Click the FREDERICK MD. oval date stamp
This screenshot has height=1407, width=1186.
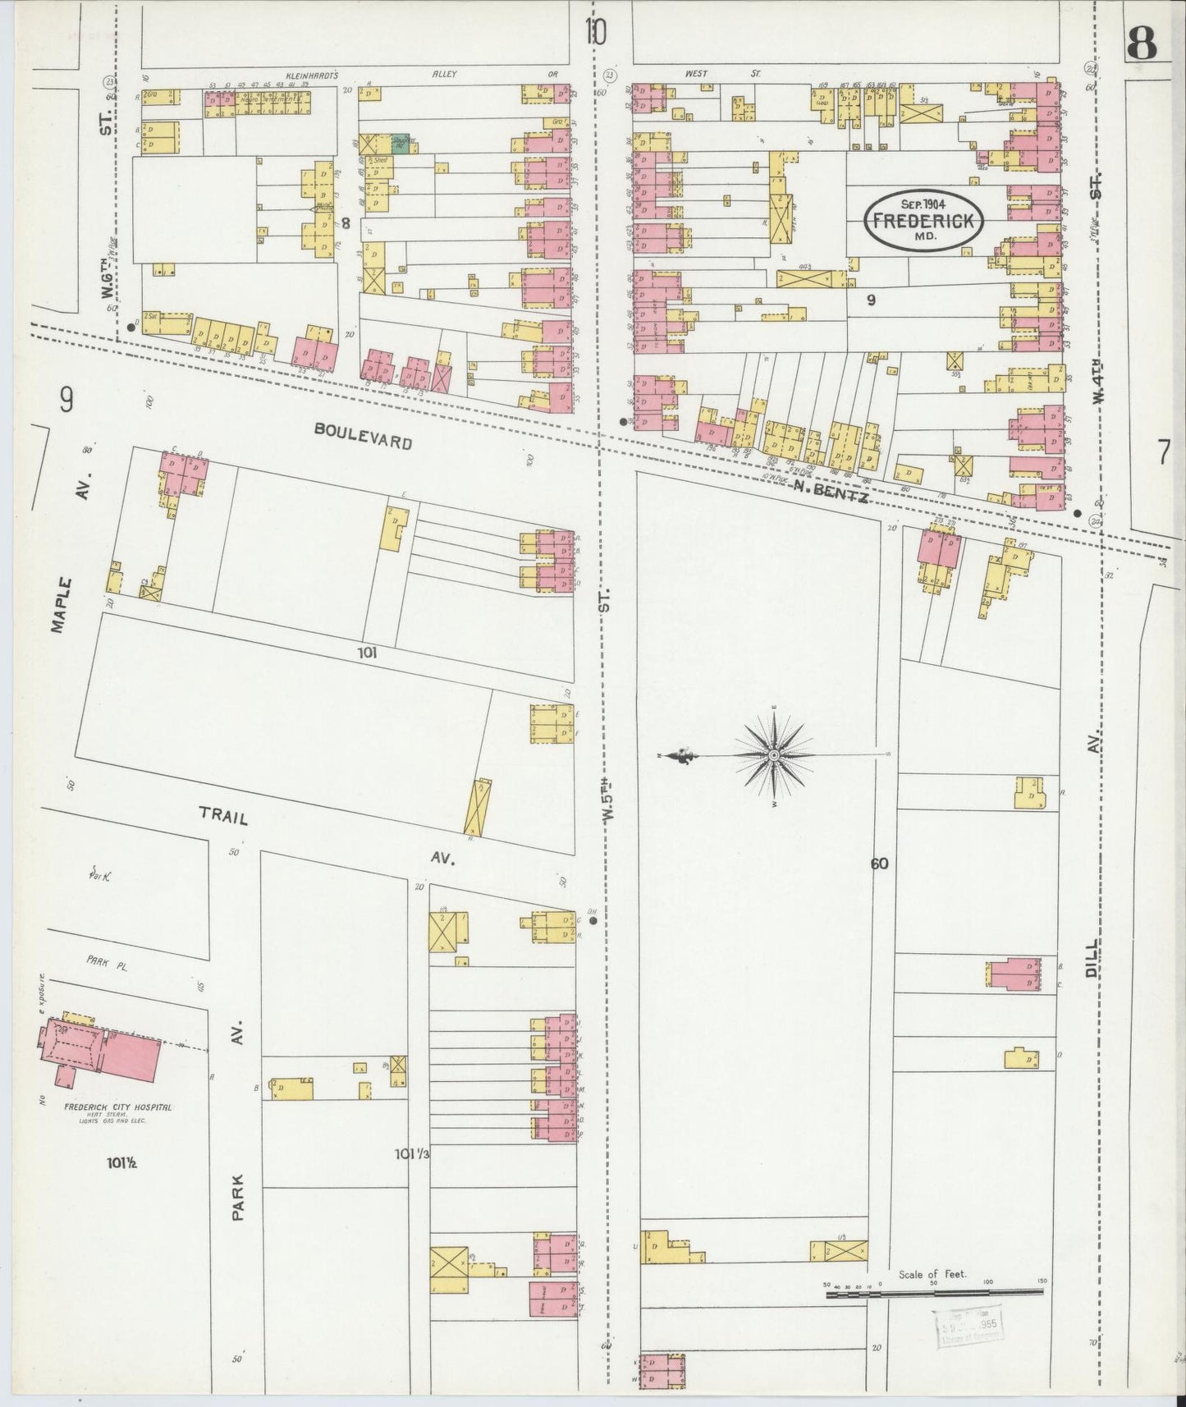coord(923,220)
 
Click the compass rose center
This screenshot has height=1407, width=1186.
coord(774,754)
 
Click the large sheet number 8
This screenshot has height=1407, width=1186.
coord(1142,44)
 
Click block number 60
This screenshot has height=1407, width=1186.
coord(880,863)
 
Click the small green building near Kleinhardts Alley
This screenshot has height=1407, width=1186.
coord(401,143)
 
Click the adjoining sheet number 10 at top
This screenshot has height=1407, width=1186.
coord(596,34)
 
